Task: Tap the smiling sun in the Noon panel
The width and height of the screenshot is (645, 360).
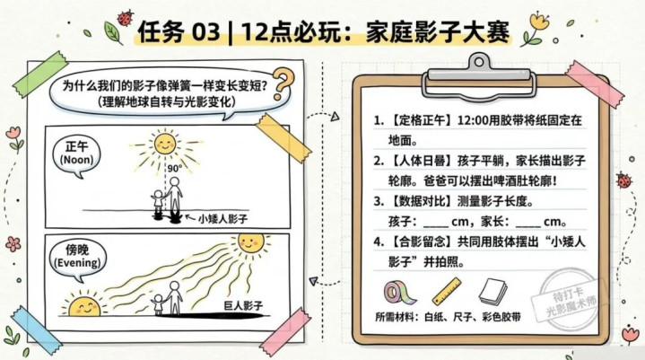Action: (165, 144)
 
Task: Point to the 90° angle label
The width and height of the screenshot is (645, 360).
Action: (174, 169)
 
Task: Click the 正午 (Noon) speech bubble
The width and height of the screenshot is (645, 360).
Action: (76, 156)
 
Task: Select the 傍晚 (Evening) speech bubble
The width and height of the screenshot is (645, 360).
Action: (77, 259)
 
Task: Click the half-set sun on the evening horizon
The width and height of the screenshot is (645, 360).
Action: (84, 306)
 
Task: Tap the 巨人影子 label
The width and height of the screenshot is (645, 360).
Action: (243, 306)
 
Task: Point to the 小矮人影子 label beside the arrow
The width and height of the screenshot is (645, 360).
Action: (222, 218)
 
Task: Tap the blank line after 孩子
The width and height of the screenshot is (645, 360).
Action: (436, 226)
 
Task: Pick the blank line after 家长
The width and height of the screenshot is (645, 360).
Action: (528, 226)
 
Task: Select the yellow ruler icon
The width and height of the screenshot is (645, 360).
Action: (447, 291)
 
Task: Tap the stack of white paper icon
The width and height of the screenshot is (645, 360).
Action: (492, 292)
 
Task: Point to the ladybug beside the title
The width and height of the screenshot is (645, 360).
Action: (125, 18)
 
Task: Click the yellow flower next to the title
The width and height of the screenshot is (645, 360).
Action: (539, 21)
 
